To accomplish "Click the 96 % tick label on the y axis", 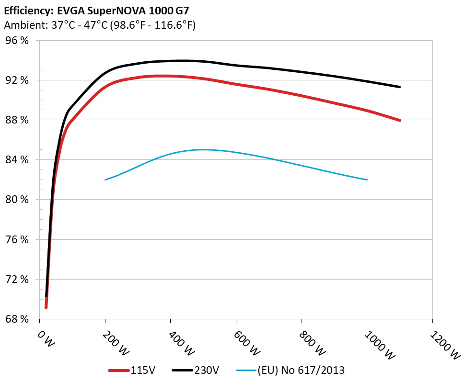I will [17, 41].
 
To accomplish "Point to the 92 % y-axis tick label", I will [17, 80].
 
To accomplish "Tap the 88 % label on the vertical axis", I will [17, 120].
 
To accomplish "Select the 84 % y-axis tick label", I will [17, 160].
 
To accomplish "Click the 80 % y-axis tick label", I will [17, 200].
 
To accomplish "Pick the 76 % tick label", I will [17, 239].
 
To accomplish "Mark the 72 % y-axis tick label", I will [17, 279].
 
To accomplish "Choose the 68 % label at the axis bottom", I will [17, 319].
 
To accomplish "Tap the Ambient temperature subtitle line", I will [100, 25].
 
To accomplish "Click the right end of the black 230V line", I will [399, 87].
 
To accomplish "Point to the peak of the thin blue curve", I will [203, 149].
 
